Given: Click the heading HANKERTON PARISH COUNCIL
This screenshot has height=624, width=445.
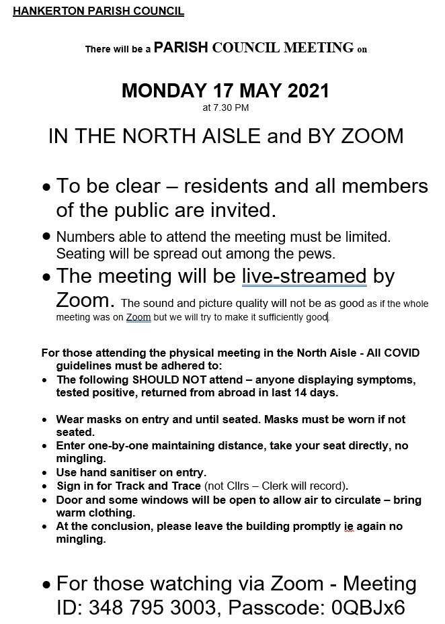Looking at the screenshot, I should click(x=98, y=11).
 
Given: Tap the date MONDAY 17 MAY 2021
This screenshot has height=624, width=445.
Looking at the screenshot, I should click(x=225, y=91).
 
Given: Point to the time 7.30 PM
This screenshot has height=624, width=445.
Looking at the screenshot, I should click(x=226, y=107).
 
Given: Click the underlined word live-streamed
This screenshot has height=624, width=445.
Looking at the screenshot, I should click(x=304, y=276).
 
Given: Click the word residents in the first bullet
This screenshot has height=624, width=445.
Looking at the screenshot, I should click(x=227, y=185).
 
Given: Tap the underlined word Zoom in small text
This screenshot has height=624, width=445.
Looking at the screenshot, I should click(x=138, y=317).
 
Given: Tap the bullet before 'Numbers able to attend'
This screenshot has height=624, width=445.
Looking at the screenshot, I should click(x=46, y=236).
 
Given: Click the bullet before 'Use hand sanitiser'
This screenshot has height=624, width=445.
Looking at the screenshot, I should click(x=45, y=473).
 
